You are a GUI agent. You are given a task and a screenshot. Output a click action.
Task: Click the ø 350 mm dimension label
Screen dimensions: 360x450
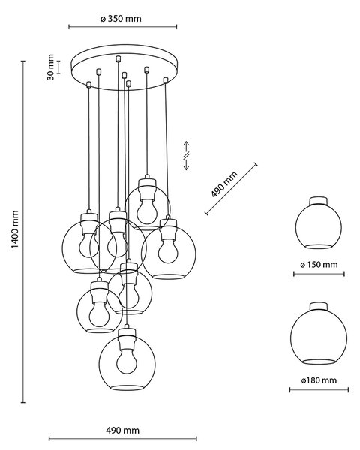coord(121,19)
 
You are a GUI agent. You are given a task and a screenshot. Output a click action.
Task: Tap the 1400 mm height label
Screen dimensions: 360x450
coord(15,229)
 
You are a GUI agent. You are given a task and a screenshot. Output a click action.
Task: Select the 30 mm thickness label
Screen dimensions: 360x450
coord(50,67)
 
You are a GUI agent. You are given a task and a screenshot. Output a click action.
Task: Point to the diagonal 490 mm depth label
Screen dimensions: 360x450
coord(224,184)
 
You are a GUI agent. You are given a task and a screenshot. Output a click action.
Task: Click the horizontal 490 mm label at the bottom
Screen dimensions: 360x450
coord(122,430)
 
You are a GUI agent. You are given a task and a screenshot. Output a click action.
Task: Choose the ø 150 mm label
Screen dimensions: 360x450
coord(319,264)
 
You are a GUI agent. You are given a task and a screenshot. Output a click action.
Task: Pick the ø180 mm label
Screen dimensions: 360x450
coord(319,380)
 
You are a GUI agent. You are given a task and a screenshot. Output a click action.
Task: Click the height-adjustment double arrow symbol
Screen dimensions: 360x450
coord(186,155)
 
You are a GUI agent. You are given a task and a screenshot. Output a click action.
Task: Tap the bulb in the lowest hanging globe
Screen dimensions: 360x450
coord(127,361)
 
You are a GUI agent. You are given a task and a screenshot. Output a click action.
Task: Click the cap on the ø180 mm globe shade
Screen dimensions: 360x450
coord(319,306)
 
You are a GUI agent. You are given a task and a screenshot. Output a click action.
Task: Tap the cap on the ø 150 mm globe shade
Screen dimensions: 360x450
coord(318,201)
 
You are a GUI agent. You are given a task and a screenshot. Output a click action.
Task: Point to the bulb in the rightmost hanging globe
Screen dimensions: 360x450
coord(168,250)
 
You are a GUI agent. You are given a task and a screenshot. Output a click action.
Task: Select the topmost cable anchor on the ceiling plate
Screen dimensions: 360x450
coord(118,58)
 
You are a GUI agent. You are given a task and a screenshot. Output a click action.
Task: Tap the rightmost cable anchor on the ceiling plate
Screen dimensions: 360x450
coord(165,80)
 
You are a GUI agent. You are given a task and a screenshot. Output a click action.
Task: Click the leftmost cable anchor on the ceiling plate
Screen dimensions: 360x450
coord(88,84)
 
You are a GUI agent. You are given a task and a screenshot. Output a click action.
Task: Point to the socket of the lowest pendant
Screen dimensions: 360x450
coord(127,337)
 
